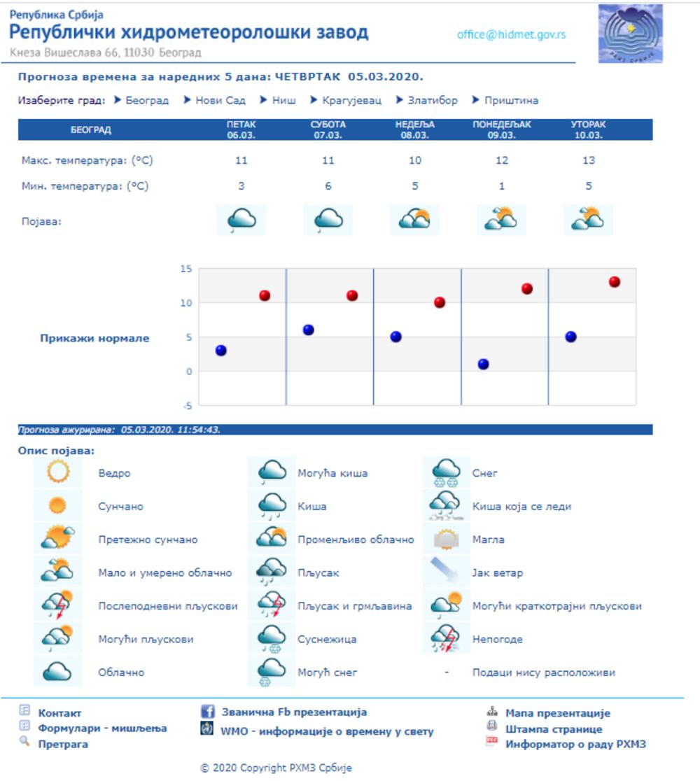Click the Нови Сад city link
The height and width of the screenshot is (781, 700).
pyautogui.click(x=220, y=100)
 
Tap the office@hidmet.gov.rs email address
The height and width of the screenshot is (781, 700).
pyautogui.click(x=511, y=34)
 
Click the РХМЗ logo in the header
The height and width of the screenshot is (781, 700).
pyautogui.click(x=630, y=34)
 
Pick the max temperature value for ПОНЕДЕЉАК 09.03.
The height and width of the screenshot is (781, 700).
pyautogui.click(x=502, y=160)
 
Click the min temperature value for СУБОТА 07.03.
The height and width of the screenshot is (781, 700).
pyautogui.click(x=328, y=186)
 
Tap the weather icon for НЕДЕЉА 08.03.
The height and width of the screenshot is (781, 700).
pyautogui.click(x=414, y=220)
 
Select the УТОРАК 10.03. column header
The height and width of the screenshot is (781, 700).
pyautogui.click(x=588, y=129)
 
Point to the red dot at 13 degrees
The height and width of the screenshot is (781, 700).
pyautogui.click(x=615, y=282)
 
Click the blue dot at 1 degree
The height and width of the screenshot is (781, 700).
pyautogui.click(x=484, y=364)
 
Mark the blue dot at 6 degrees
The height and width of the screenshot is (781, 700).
pyautogui.click(x=309, y=330)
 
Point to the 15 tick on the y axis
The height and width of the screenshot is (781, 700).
pyautogui.click(x=185, y=269)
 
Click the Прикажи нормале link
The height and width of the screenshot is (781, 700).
pyautogui.click(x=94, y=338)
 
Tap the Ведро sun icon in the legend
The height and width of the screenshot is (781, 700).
pyautogui.click(x=58, y=472)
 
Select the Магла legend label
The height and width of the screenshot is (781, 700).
pyautogui.click(x=488, y=540)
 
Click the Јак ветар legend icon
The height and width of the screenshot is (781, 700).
pyautogui.click(x=446, y=572)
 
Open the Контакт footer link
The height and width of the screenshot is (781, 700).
pyautogui.click(x=59, y=713)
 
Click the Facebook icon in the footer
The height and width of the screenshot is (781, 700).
pyautogui.click(x=208, y=712)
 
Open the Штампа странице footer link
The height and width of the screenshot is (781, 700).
pyautogui.click(x=553, y=729)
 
